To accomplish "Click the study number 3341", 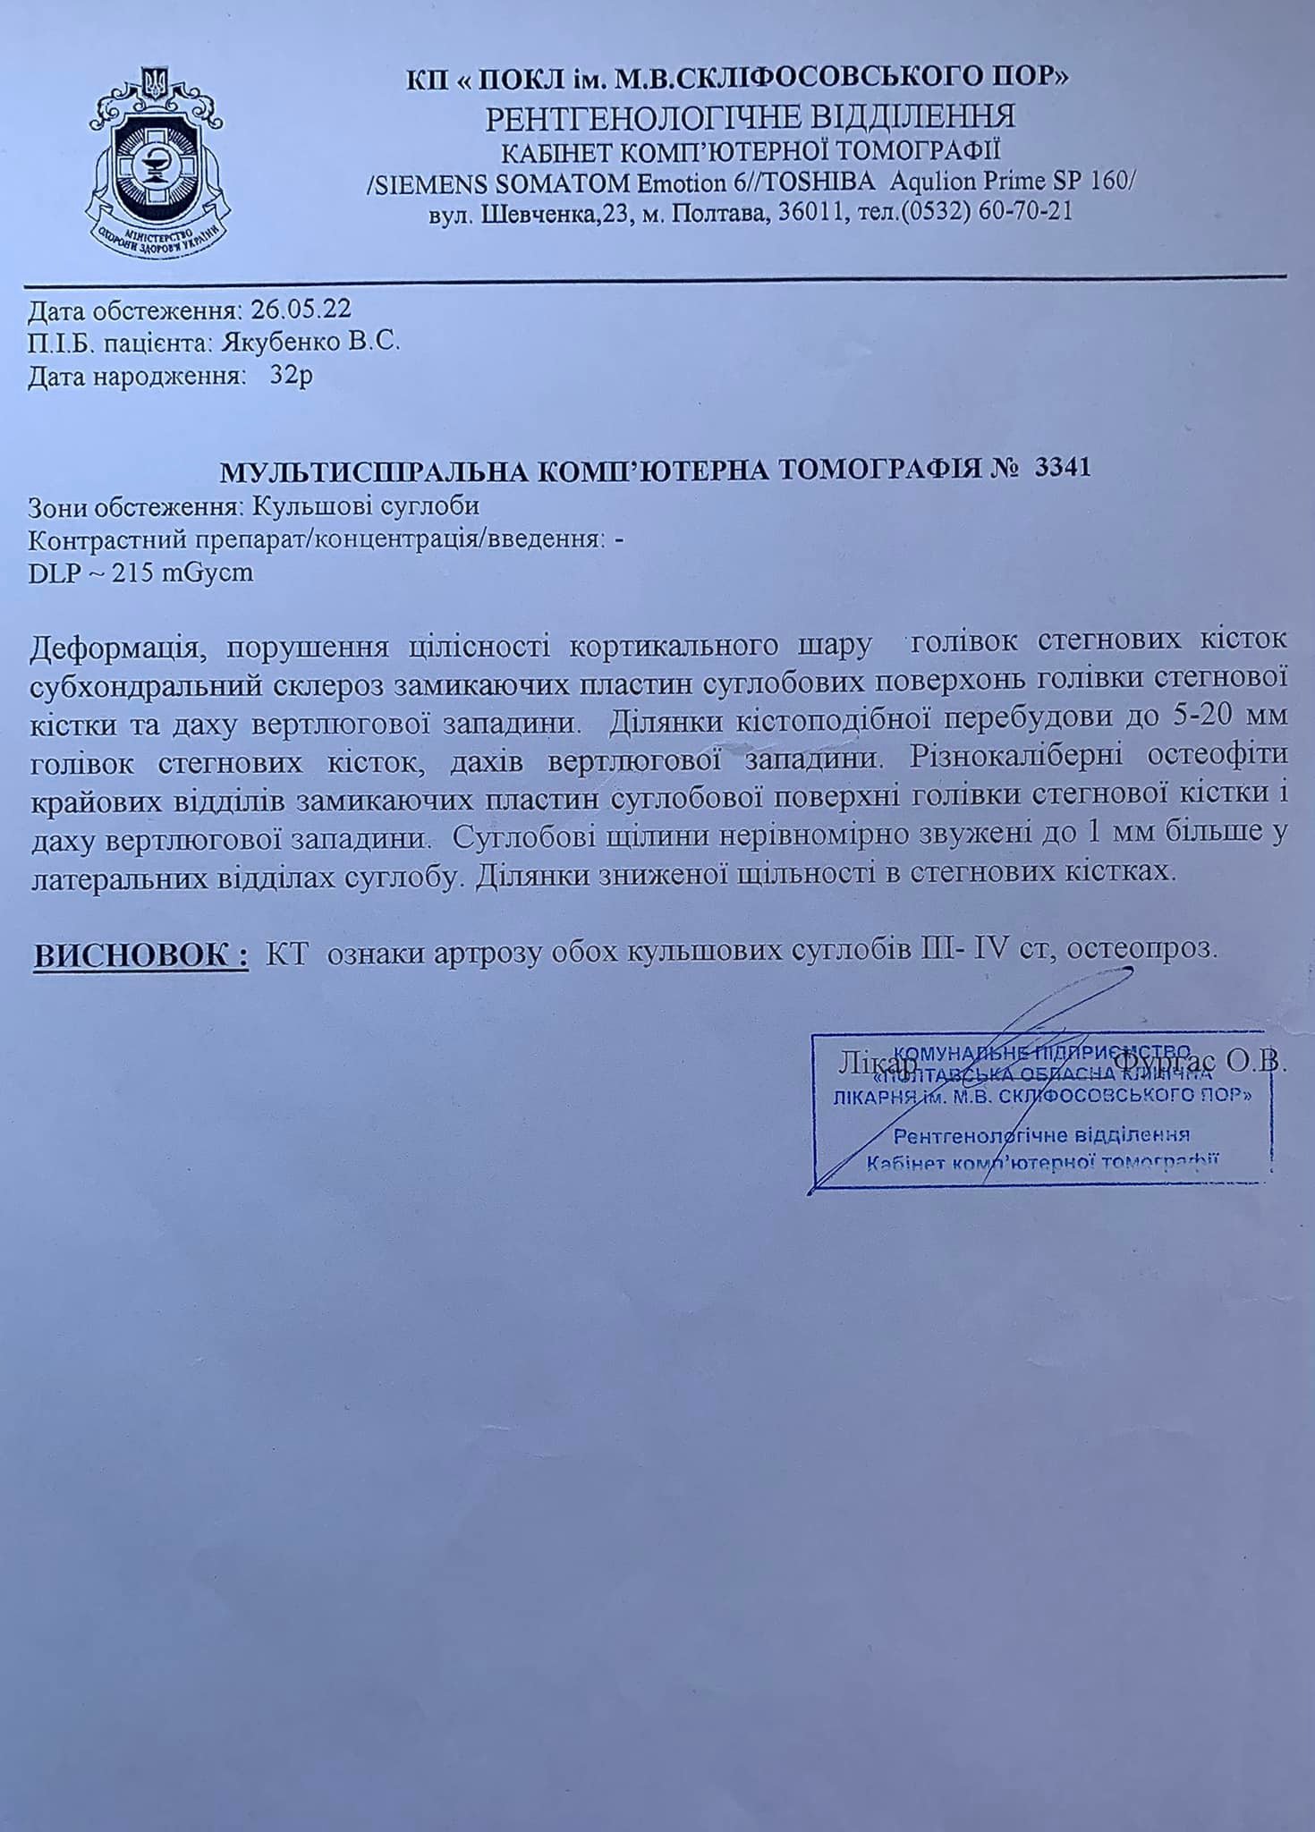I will point(1062,468).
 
